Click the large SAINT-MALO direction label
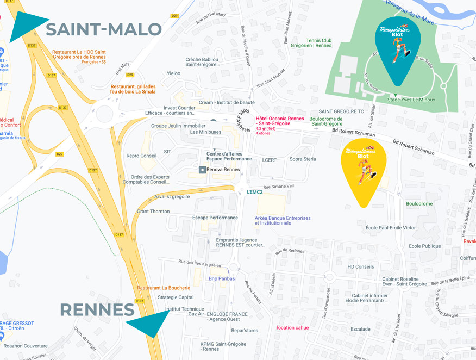click(x=103, y=29)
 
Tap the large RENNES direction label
click(x=97, y=310)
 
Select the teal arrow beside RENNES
click(x=148, y=324)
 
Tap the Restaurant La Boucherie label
click(x=164, y=288)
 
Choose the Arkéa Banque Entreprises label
click(x=283, y=220)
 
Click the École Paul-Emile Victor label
click(x=391, y=228)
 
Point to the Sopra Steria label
click(x=303, y=159)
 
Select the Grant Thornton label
click(x=153, y=212)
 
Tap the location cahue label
click(x=292, y=327)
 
